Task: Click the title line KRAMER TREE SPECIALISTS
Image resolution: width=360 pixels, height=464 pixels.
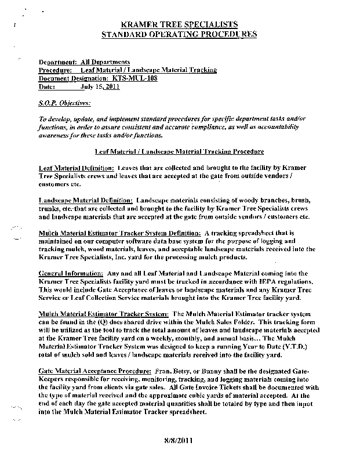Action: pos(179,25)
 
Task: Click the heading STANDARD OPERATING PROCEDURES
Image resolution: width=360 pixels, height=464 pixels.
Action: pos(179,34)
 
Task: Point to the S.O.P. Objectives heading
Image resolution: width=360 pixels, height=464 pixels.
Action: pos(61,103)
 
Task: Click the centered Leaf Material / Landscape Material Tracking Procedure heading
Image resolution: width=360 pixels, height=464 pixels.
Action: pos(180,151)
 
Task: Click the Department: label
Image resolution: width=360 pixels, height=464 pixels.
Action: pos(58,61)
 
